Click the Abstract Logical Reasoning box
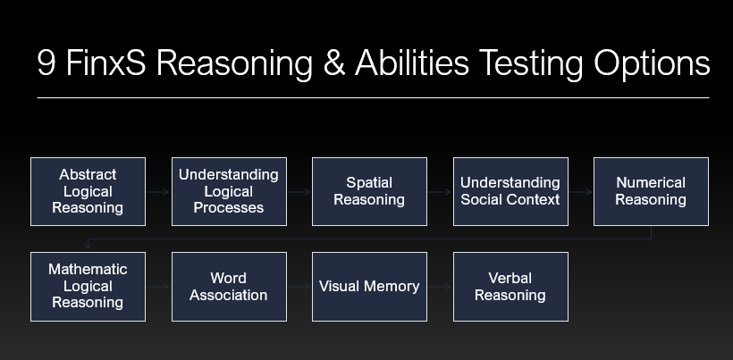[x=88, y=191]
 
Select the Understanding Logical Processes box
[x=229, y=191]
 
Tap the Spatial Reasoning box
[x=369, y=191]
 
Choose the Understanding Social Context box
[x=510, y=191]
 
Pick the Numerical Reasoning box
[x=651, y=191]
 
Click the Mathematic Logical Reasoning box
[x=88, y=287]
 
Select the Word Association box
[x=229, y=287]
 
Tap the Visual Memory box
[x=369, y=287]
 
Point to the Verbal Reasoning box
[x=510, y=287]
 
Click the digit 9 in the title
[x=46, y=63]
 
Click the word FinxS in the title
[x=106, y=63]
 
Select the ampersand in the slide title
[x=334, y=63]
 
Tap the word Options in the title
[x=652, y=64]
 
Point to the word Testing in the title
[x=531, y=64]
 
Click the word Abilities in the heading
[x=412, y=63]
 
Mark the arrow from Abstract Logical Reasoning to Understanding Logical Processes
[x=158, y=192]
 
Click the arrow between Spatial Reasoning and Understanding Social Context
[x=440, y=192]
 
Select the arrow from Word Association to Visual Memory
[x=299, y=287]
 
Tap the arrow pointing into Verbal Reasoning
[x=440, y=287]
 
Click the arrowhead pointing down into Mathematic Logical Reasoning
[x=88, y=246]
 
